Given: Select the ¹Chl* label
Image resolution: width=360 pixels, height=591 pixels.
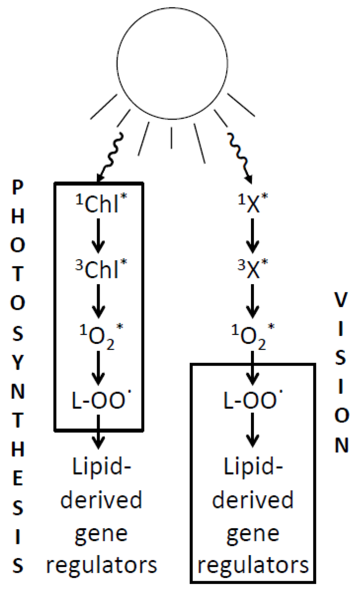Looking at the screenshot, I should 101,203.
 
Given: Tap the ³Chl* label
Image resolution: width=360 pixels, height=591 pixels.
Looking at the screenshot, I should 101,269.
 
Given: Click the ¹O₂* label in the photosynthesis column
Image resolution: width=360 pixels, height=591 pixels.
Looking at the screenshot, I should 101,336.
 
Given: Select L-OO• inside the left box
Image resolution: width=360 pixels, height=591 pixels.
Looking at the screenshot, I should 99,400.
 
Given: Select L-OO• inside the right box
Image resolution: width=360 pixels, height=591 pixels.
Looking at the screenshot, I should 251,400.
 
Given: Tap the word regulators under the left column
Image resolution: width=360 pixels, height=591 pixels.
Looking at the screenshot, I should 101,565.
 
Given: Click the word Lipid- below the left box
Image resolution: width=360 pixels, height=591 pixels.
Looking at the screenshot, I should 101,467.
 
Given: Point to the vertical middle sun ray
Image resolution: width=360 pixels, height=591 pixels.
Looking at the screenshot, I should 171,138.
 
